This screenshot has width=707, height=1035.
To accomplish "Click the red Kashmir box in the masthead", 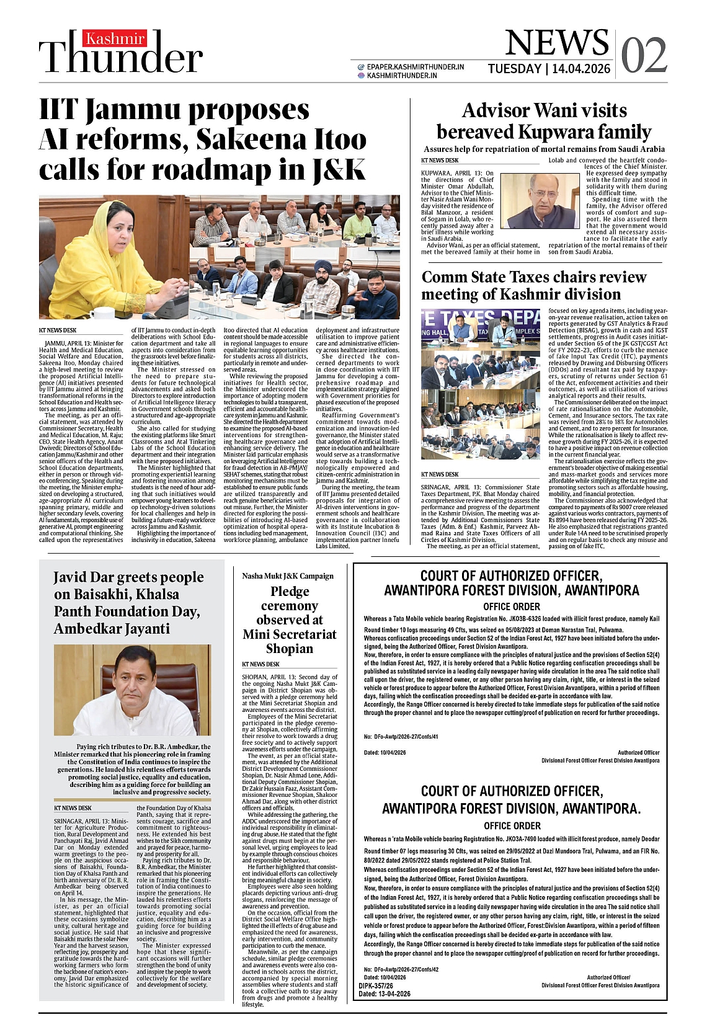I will click(115, 38).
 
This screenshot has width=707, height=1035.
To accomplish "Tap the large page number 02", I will click(643, 55).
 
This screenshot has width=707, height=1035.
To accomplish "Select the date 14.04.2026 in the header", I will click(581, 69).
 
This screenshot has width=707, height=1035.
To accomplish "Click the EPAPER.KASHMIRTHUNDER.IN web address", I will click(415, 67).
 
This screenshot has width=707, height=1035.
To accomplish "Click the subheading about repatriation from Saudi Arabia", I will click(544, 149).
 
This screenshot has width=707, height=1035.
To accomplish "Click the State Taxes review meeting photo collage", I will click(481, 384).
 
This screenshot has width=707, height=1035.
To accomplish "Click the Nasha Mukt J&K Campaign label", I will click(287, 576).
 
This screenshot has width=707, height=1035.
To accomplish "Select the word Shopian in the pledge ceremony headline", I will click(289, 649).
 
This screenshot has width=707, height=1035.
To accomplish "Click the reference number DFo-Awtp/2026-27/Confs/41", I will click(406, 737).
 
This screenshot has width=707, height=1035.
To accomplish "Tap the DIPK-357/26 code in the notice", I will click(376, 985).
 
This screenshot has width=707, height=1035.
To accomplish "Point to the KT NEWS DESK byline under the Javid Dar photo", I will click(73, 808).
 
